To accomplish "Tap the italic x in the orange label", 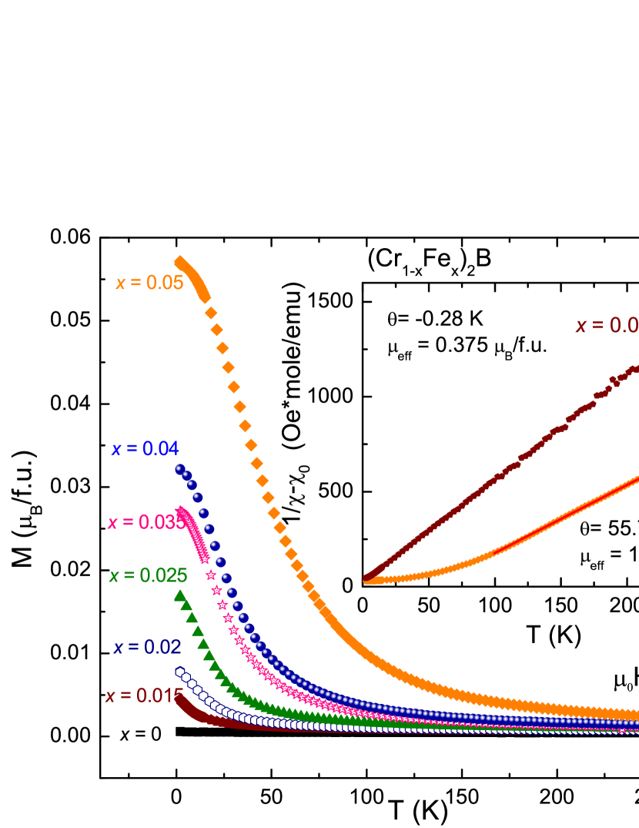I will (x=120, y=283).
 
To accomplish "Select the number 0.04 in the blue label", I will (x=160, y=448).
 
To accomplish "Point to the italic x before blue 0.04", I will (x=115, y=449).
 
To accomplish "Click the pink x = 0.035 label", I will (x=146, y=522).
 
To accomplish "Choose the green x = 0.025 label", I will (x=148, y=575).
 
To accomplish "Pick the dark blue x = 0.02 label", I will (x=147, y=647).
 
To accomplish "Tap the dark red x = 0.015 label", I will (x=144, y=696).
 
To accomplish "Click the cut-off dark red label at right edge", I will (x=607, y=325).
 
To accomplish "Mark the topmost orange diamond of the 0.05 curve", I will (x=179, y=262).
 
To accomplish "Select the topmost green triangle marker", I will (x=179, y=595).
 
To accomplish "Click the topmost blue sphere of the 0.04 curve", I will (x=179, y=468).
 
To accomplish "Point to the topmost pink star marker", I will (x=181, y=510).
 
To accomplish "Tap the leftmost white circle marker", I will (x=180, y=672).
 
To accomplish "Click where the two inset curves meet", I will (x=368, y=578).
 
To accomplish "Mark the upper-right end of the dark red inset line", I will (x=634, y=370).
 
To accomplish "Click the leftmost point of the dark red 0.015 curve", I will (x=179, y=698).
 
